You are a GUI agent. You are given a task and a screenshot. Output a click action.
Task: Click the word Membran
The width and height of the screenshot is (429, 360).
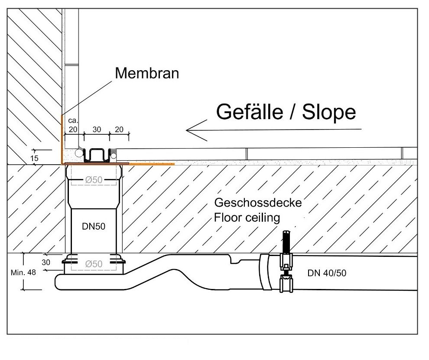click(x=147, y=73)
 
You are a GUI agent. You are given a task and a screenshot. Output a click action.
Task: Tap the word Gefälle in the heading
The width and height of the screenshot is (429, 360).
click(x=250, y=112)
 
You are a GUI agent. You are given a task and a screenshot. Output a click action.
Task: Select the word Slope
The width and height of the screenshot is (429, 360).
click(x=329, y=112)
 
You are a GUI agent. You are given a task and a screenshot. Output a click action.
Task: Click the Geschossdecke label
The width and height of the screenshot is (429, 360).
click(x=258, y=203)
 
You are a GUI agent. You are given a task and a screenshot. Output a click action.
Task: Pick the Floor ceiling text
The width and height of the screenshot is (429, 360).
click(x=247, y=218)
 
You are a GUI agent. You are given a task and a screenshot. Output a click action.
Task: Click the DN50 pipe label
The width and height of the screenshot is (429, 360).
click(x=94, y=226)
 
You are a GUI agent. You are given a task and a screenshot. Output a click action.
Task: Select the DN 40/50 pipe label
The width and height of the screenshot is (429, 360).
click(x=327, y=273)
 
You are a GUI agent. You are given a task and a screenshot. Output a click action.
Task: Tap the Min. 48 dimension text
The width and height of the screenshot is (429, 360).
click(x=23, y=272)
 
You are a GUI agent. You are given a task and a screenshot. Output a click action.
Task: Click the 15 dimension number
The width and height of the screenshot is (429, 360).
click(x=35, y=158)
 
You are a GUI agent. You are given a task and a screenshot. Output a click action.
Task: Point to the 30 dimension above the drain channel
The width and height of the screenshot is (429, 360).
click(x=97, y=130)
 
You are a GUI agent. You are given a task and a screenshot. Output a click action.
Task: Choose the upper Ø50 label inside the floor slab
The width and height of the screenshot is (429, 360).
click(x=94, y=180)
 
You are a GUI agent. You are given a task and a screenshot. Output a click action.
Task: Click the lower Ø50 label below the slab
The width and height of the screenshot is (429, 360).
click(x=94, y=264)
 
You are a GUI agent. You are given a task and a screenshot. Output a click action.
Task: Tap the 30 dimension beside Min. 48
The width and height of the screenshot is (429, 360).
click(x=46, y=263)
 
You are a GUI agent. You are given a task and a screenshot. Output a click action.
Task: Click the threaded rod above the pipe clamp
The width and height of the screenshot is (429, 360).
click(x=286, y=242)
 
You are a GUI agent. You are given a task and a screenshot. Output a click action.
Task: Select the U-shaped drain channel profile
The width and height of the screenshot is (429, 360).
click(x=97, y=155)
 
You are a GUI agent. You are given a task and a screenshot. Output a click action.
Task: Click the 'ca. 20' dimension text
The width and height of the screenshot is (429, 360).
click(x=73, y=125)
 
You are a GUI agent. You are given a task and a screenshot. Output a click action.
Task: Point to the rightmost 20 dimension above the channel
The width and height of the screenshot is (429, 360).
click(x=119, y=130)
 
